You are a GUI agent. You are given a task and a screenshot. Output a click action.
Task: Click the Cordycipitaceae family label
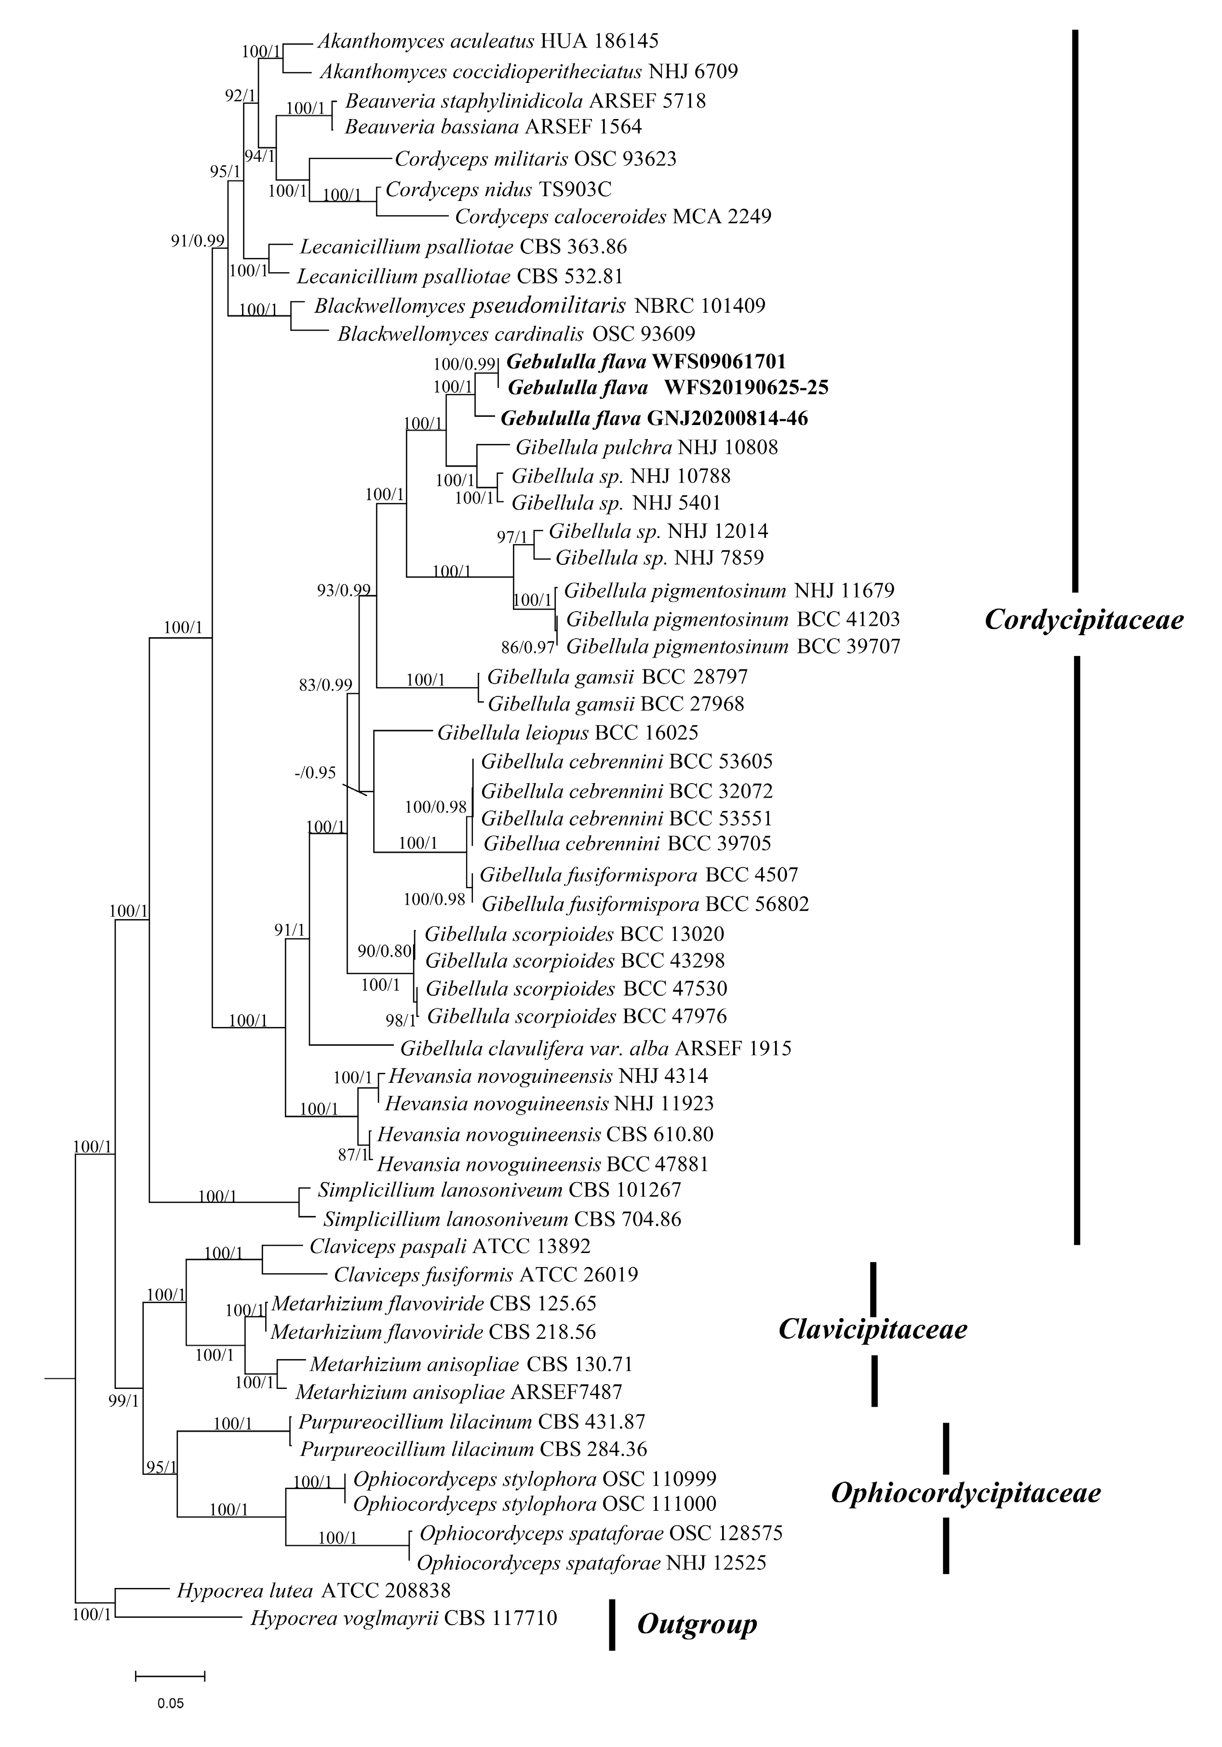pyautogui.click(x=1084, y=620)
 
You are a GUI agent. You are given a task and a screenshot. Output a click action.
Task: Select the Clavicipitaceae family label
pyautogui.click(x=872, y=1329)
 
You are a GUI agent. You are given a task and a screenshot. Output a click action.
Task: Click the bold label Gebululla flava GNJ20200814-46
pyautogui.click(x=654, y=418)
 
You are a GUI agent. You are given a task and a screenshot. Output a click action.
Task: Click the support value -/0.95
pyautogui.click(x=315, y=773)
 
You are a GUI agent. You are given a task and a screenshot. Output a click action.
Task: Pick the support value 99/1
pyautogui.click(x=123, y=1401)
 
